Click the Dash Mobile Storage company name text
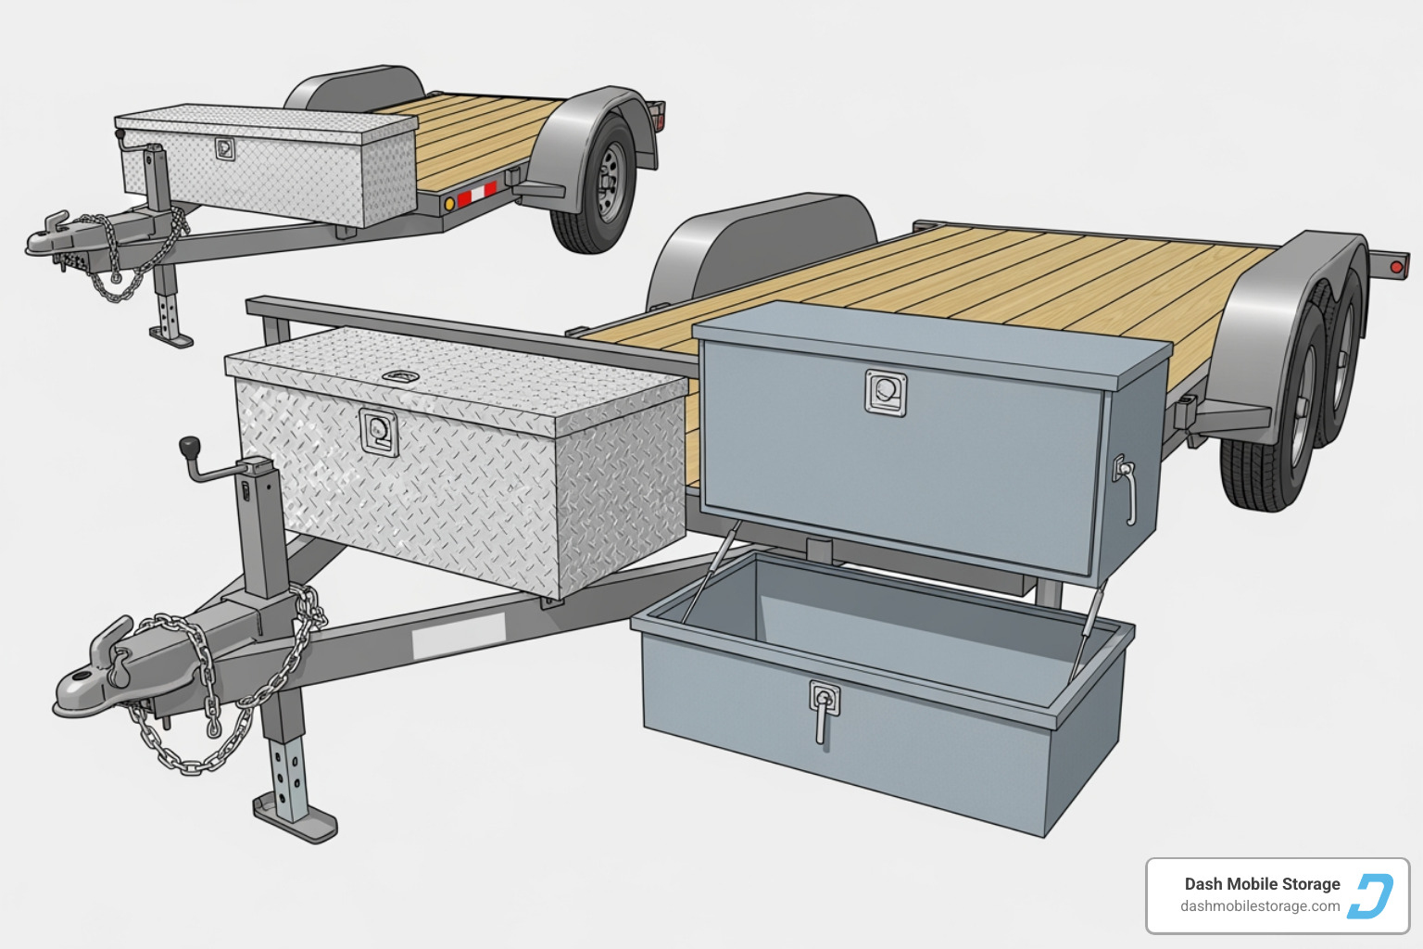(1262, 884)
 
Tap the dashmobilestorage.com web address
(1260, 906)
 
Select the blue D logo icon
(1371, 895)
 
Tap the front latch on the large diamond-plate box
(379, 432)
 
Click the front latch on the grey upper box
(885, 391)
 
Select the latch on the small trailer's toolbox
(225, 148)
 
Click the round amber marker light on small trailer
(448, 203)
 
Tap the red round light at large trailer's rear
(1396, 267)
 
